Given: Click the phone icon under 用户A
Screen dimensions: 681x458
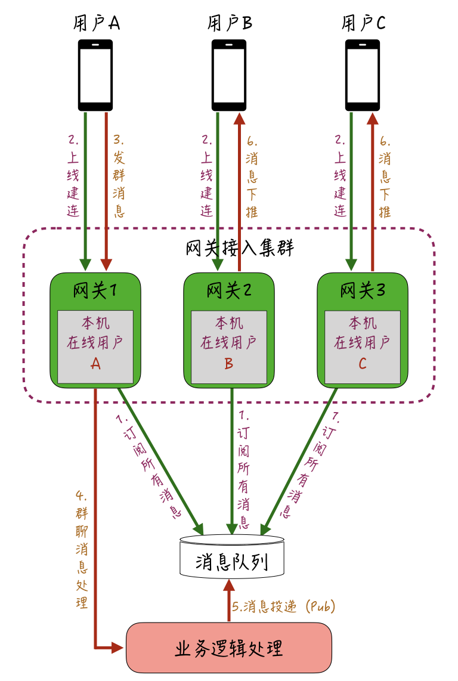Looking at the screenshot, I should click(x=95, y=75).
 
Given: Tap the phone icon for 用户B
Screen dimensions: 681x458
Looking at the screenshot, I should click(x=229, y=75).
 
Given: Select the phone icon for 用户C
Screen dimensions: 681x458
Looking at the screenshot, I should click(x=363, y=75).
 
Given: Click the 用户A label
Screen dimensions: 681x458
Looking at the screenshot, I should click(x=96, y=24).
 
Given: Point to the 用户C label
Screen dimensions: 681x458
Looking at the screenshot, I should click(x=363, y=24).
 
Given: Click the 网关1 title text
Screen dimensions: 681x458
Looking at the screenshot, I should click(x=95, y=291).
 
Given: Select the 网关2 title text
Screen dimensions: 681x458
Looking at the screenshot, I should click(x=229, y=291).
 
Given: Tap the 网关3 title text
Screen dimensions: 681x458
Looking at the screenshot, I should click(x=363, y=291).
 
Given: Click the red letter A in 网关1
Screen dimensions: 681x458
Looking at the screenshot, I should click(x=95, y=364).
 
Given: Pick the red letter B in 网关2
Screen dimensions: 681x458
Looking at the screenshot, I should click(x=229, y=364).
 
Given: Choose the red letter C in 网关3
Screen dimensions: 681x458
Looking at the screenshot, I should click(x=363, y=364).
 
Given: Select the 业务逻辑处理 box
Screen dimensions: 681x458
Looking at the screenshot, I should click(x=229, y=648).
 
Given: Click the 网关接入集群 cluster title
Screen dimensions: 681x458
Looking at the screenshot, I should click(x=240, y=247).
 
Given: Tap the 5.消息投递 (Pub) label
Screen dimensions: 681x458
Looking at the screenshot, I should click(x=284, y=607).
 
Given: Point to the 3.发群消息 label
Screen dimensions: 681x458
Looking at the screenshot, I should click(x=118, y=177).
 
